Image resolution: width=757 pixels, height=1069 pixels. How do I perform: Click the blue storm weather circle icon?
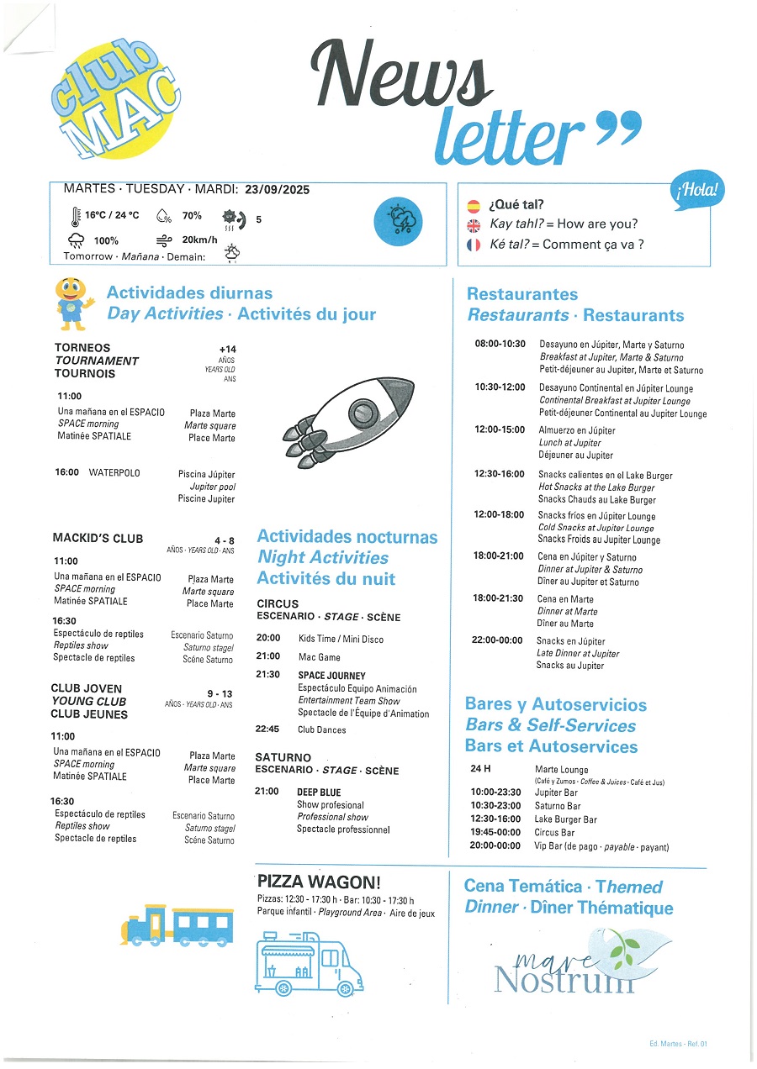(397, 222)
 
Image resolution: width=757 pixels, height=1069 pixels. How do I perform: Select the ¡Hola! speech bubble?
(698, 192)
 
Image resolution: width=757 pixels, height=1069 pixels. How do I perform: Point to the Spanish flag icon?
(474, 205)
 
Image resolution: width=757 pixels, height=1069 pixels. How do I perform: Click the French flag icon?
(474, 245)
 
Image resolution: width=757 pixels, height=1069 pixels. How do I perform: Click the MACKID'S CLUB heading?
(98, 539)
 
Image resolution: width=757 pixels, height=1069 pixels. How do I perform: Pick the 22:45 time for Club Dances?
(267, 729)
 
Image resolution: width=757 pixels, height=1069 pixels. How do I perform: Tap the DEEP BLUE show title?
(319, 792)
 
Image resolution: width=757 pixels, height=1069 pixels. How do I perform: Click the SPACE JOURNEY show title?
(331, 676)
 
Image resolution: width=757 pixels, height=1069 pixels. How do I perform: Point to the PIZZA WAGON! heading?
(319, 882)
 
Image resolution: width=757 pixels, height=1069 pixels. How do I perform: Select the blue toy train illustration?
(177, 925)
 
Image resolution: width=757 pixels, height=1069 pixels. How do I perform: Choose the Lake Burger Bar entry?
(565, 819)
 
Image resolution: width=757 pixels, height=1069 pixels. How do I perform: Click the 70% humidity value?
(192, 216)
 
